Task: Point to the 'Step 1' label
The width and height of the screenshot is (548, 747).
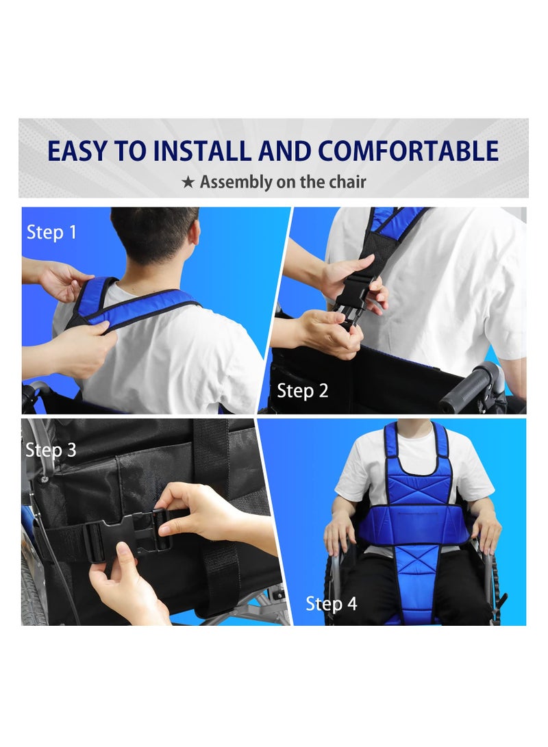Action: [51, 232]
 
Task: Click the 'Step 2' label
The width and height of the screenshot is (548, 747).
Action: [302, 391]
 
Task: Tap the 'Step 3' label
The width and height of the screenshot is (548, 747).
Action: [51, 450]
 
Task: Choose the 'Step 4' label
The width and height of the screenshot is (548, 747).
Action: [331, 604]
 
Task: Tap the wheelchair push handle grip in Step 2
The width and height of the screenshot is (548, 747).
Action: [469, 388]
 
